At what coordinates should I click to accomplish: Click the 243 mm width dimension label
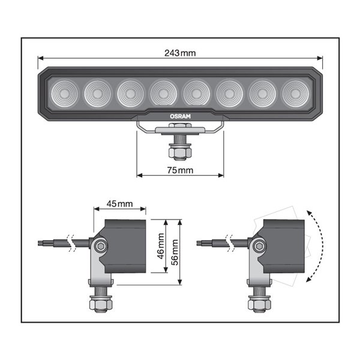(x=179, y=53)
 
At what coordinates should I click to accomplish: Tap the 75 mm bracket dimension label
(x=179, y=170)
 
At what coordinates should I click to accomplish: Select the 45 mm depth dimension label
(x=119, y=204)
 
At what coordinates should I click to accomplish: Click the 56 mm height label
(x=175, y=253)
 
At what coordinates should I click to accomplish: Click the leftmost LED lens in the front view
(x=62, y=92)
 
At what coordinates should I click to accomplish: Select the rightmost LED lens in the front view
(x=294, y=92)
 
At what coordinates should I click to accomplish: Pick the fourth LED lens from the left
(x=162, y=92)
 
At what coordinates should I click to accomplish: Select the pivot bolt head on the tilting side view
(x=259, y=245)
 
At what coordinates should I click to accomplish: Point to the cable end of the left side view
(x=41, y=243)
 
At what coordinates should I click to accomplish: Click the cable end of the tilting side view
(x=202, y=242)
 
